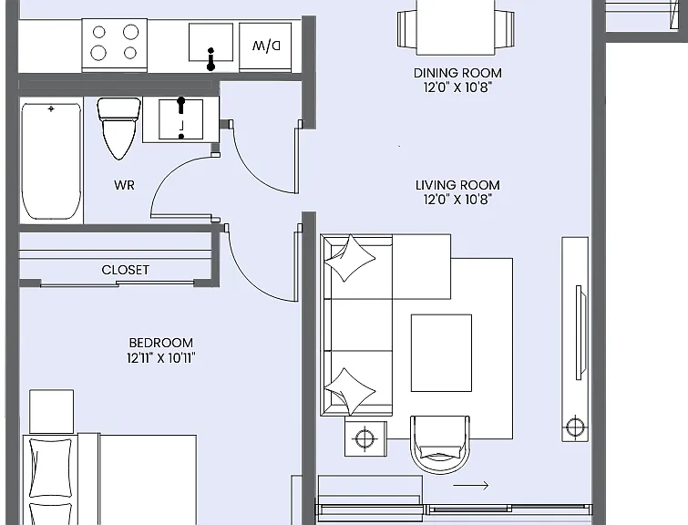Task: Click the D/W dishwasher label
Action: [x=266, y=46]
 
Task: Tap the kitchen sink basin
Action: [x=211, y=42]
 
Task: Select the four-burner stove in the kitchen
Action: [x=115, y=45]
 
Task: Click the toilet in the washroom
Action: [x=118, y=129]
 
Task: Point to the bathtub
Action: [x=51, y=161]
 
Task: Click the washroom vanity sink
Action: [x=180, y=119]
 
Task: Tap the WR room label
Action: [x=124, y=185]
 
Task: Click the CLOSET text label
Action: [x=126, y=270]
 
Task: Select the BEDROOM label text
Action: [x=161, y=343]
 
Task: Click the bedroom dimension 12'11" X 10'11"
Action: [x=161, y=358]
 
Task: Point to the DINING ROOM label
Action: [x=457, y=73]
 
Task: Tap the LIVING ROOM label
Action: [x=457, y=185]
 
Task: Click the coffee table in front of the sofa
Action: [x=441, y=353]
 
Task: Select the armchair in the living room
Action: [x=440, y=444]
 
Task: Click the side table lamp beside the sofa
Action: [x=365, y=438]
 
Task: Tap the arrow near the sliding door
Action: [x=471, y=486]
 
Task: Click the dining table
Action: [x=456, y=27]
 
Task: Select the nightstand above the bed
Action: [x=51, y=412]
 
